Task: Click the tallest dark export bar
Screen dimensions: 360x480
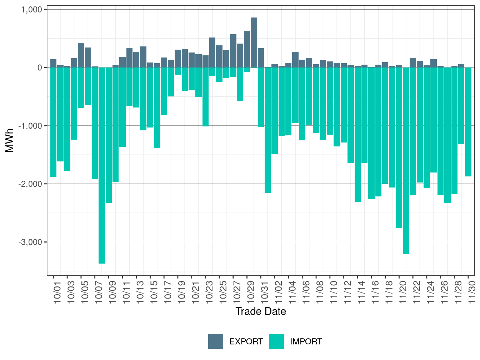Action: click(x=254, y=42)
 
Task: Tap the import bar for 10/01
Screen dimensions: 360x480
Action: click(x=53, y=122)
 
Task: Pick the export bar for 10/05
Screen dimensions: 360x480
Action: click(x=81, y=55)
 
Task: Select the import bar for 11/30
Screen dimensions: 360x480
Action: click(x=468, y=122)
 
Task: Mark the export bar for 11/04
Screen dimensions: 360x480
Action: click(x=295, y=60)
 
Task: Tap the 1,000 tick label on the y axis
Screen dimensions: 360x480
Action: click(x=32, y=10)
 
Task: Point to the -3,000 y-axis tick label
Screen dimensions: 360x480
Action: click(x=31, y=242)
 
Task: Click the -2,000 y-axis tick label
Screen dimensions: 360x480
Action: click(x=31, y=184)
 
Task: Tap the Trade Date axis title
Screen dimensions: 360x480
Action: click(x=261, y=311)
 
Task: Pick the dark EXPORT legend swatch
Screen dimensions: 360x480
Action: click(x=216, y=341)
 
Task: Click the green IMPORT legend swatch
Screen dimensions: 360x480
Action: click(x=277, y=341)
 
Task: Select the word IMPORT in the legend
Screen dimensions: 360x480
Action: click(x=306, y=342)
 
